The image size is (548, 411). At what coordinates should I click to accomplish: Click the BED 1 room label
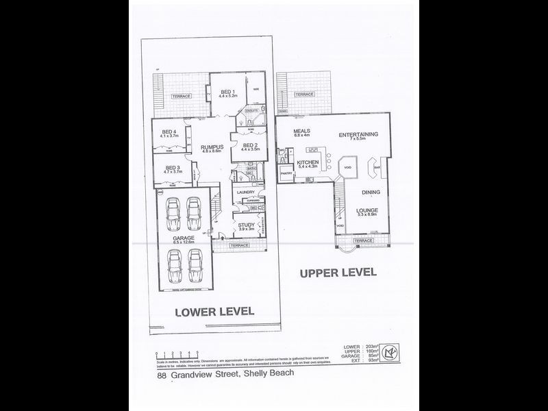coord(227,92)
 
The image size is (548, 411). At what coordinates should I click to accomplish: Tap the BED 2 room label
coord(249,145)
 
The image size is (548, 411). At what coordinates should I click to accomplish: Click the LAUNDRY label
coord(246,193)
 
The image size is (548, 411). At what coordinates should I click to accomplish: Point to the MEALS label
coord(302,131)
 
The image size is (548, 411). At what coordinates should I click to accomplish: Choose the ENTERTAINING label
coord(358,134)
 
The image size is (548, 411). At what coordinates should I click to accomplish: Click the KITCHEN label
coord(310,162)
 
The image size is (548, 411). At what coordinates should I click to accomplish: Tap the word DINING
coord(371,192)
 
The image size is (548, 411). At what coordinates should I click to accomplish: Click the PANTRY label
coord(287,174)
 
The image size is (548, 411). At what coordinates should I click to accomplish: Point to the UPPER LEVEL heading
coord(338,273)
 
